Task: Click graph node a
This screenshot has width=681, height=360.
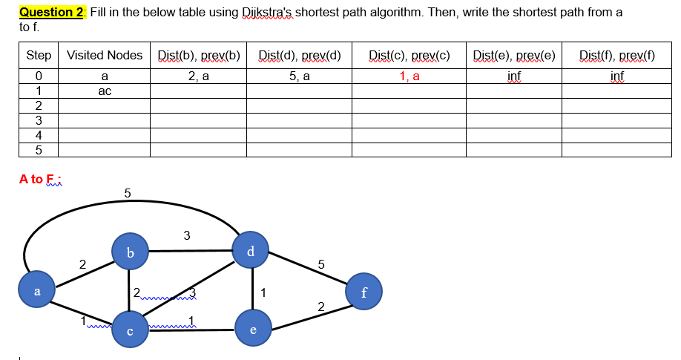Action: coord(37,291)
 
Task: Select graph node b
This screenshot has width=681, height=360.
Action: coord(131,252)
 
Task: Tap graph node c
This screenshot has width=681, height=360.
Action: coord(131,330)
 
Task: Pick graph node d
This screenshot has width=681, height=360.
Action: coord(251,251)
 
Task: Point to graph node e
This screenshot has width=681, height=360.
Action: coord(252,330)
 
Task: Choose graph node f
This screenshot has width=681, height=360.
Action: coord(363,292)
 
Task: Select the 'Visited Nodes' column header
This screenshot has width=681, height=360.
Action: coord(104,56)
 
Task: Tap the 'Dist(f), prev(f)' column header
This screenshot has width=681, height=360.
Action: coord(616,56)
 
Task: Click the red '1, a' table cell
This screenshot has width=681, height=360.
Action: coord(409,76)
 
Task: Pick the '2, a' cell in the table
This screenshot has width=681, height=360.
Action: coord(198,76)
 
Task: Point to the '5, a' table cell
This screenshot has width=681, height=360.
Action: coord(299,76)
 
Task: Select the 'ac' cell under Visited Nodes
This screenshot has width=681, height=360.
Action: coord(104,91)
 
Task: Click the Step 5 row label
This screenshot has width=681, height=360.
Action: coord(39,150)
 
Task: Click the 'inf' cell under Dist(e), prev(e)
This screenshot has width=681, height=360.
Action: coord(514,76)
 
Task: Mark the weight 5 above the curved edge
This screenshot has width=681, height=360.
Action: coord(127,193)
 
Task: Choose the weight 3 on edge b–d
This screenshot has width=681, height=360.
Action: coord(186,236)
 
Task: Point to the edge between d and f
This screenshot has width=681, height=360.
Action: coord(307,271)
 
